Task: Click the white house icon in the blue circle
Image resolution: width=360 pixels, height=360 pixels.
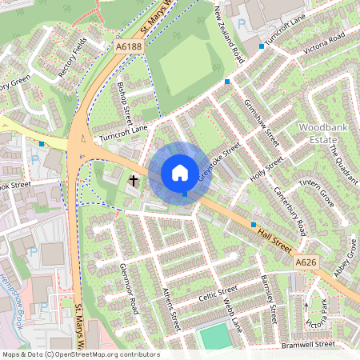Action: click(180, 173)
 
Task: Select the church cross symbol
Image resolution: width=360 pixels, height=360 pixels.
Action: click(134, 181)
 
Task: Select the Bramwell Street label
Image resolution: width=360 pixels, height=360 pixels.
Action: click(307, 344)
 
